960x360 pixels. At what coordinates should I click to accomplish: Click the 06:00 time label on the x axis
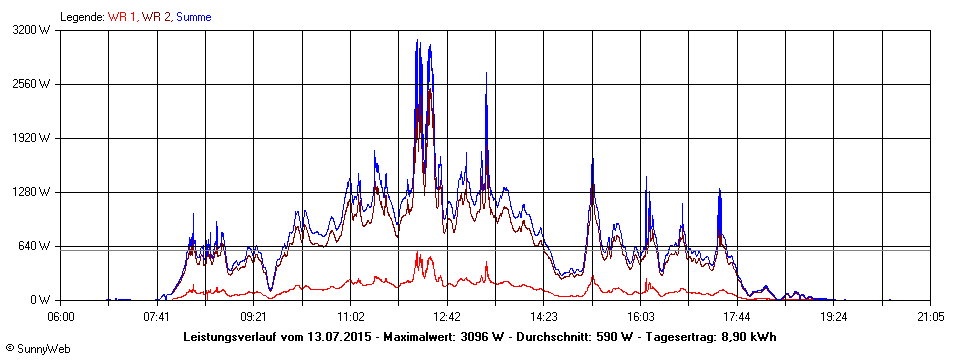[x=60, y=316]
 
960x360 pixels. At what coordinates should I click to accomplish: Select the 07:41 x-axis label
[x=157, y=316]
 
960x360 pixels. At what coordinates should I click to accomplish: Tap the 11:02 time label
[x=350, y=316]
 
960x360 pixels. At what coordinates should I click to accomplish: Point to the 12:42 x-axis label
[x=447, y=316]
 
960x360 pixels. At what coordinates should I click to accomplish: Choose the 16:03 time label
[x=640, y=316]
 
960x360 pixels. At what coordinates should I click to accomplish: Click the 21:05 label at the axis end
[x=930, y=316]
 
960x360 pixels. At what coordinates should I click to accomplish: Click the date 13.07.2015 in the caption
[x=341, y=337]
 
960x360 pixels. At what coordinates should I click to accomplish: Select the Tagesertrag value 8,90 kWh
[x=747, y=337]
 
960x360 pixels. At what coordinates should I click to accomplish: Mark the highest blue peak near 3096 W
[x=417, y=41]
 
